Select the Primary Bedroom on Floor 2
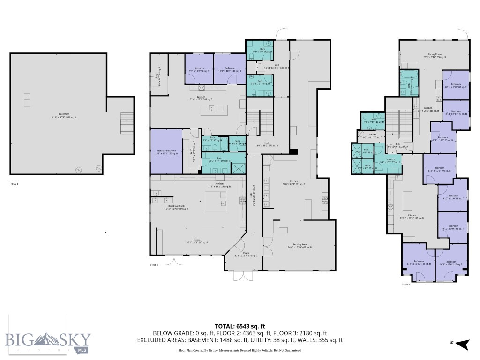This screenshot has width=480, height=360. pyautogui.click(x=166, y=152)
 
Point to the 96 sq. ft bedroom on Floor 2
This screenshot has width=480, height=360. pyautogui.click(x=199, y=70)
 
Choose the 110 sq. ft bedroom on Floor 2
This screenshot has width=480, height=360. pyautogui.click(x=229, y=70)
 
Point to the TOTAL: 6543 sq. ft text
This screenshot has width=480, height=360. pyautogui.click(x=240, y=326)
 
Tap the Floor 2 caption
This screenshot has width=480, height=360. pyautogui.click(x=154, y=265)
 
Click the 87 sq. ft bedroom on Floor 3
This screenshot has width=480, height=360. pyautogui.click(x=456, y=86)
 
